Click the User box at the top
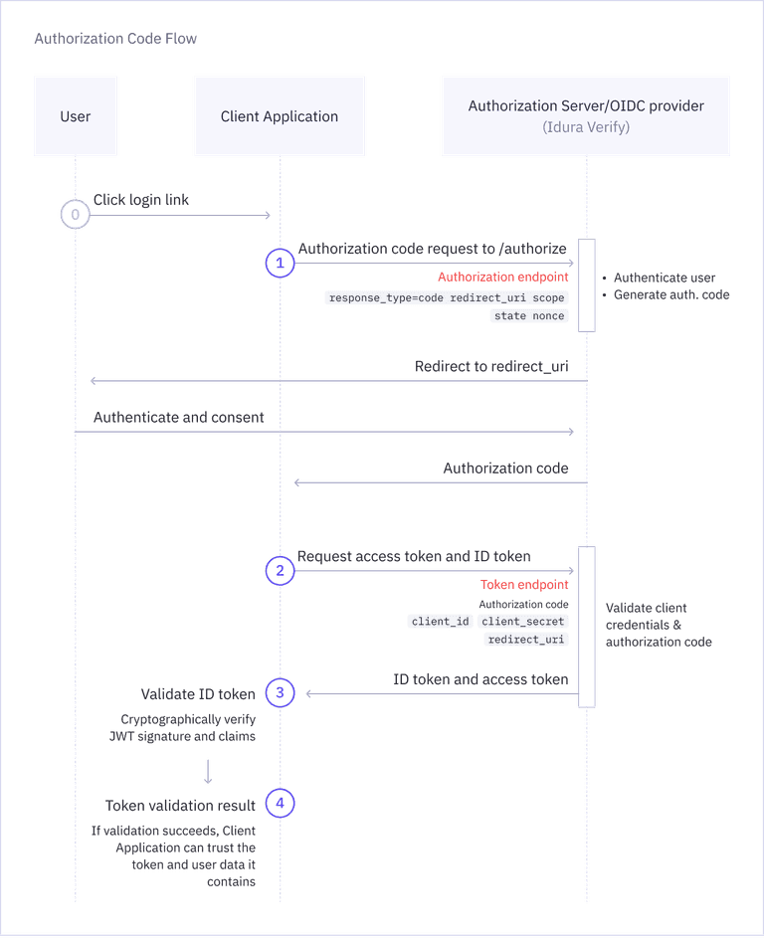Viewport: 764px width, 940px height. pyautogui.click(x=76, y=116)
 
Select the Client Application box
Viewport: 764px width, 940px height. pyautogui.click(x=280, y=116)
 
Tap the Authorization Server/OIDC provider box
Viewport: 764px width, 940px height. pyautogui.click(x=586, y=115)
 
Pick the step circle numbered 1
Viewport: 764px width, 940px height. pyautogui.click(x=280, y=263)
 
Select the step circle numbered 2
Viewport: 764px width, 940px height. pyautogui.click(x=280, y=571)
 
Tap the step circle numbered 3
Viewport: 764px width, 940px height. pyautogui.click(x=280, y=693)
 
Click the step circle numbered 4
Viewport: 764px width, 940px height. pyautogui.click(x=280, y=804)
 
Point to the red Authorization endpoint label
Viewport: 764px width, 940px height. pyautogui.click(x=503, y=277)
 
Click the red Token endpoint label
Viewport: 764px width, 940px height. pyautogui.click(x=524, y=585)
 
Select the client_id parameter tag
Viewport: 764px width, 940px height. pyautogui.click(x=440, y=622)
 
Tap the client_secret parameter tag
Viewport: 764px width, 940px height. pyautogui.click(x=523, y=622)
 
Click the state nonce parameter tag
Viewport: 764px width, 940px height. pyautogui.click(x=529, y=315)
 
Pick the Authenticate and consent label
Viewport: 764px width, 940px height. pyautogui.click(x=179, y=418)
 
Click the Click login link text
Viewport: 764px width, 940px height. pyautogui.click(x=141, y=200)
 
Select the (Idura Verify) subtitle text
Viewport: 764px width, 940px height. pyautogui.click(x=586, y=127)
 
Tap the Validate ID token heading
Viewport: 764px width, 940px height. pyautogui.click(x=198, y=694)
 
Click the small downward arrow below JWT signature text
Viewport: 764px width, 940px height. pyautogui.click(x=207, y=772)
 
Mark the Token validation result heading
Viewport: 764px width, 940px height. pyautogui.click(x=181, y=805)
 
